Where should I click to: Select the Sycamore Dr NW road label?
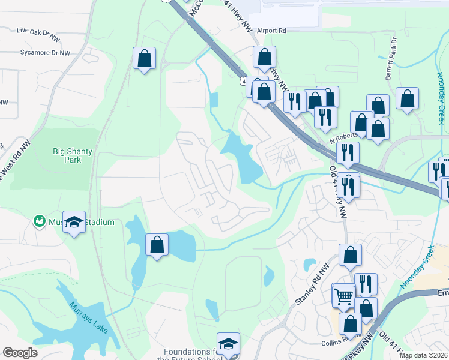pyautogui.click(x=45, y=53)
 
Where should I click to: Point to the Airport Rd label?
pyautogui.click(x=271, y=30)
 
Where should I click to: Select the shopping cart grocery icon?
pyautogui.click(x=343, y=295)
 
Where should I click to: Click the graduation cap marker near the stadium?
pyautogui.click(x=74, y=221)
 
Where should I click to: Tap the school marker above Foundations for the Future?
pyautogui.click(x=228, y=343)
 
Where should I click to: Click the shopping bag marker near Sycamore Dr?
pyautogui.click(x=144, y=58)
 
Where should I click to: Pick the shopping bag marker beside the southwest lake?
pyautogui.click(x=157, y=244)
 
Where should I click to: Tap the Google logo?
pyautogui.click(x=20, y=353)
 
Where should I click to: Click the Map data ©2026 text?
pyautogui.click(x=424, y=355)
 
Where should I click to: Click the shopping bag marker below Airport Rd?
pyautogui.click(x=264, y=58)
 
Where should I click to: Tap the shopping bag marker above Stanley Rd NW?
pyautogui.click(x=350, y=254)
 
